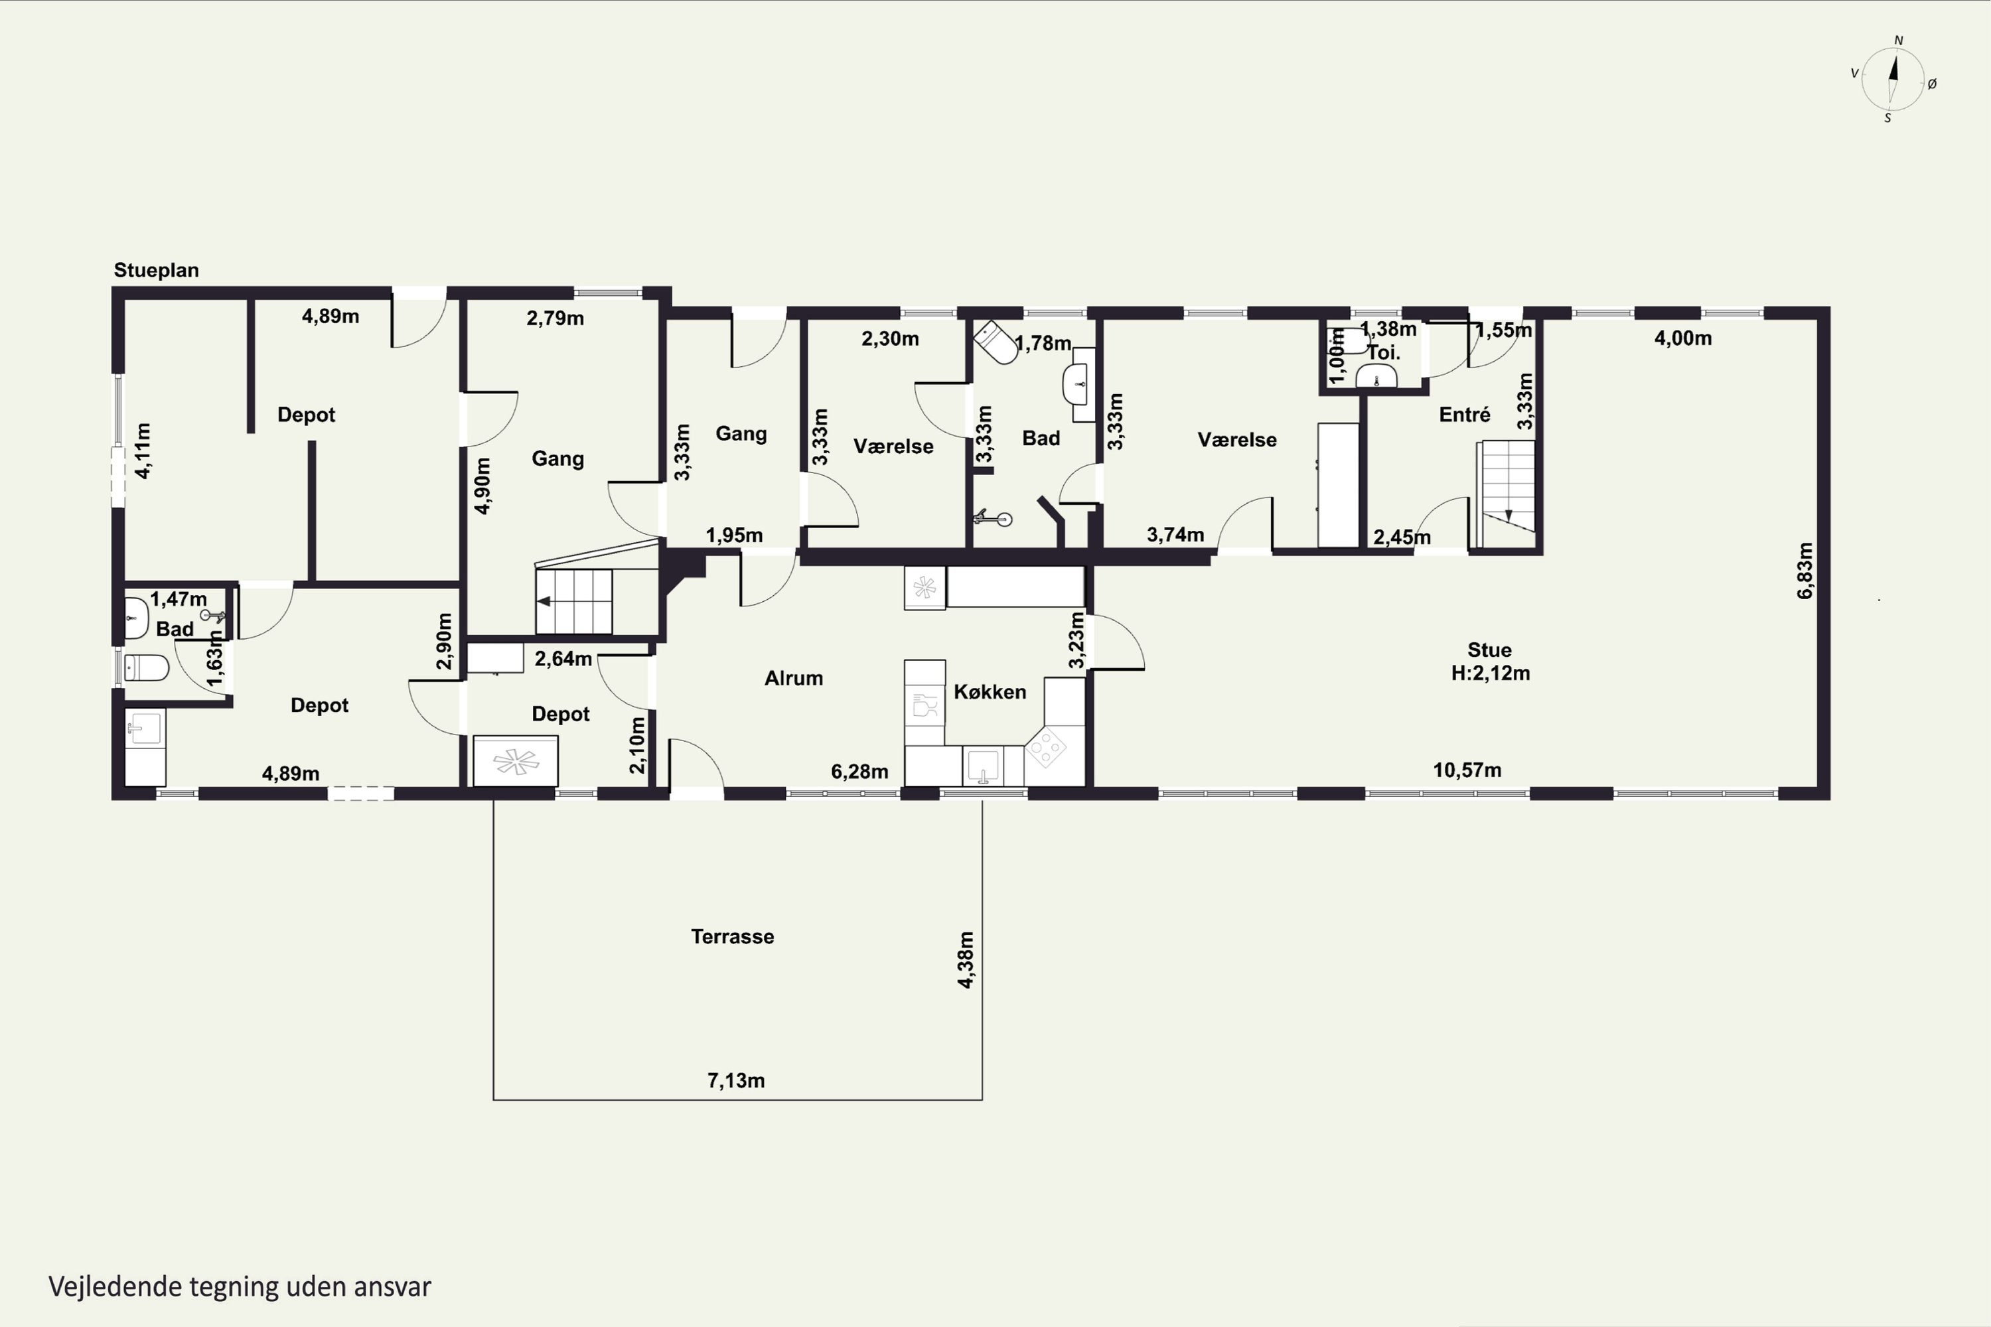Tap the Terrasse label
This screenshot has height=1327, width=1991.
pos(732,937)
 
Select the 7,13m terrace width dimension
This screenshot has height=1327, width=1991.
pos(735,1081)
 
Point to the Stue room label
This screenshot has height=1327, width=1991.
pos(1489,650)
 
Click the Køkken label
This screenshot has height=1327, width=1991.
pos(990,691)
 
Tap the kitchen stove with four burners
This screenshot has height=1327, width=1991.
pos(1047,746)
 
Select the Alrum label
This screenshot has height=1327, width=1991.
pos(793,678)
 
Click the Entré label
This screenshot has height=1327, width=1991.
pos(1465,415)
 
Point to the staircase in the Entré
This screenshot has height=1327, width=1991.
pos(1506,494)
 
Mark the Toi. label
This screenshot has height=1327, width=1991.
pos(1383,352)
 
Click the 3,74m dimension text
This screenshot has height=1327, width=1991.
pos(1175,534)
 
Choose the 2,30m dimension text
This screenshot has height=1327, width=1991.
pos(890,338)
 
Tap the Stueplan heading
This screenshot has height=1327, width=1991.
pos(157,270)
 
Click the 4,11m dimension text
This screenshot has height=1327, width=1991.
pos(143,451)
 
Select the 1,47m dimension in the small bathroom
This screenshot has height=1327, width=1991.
pos(179,599)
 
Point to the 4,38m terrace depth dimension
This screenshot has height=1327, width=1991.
pos(966,959)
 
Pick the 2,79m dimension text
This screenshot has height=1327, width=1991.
pos(555,318)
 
